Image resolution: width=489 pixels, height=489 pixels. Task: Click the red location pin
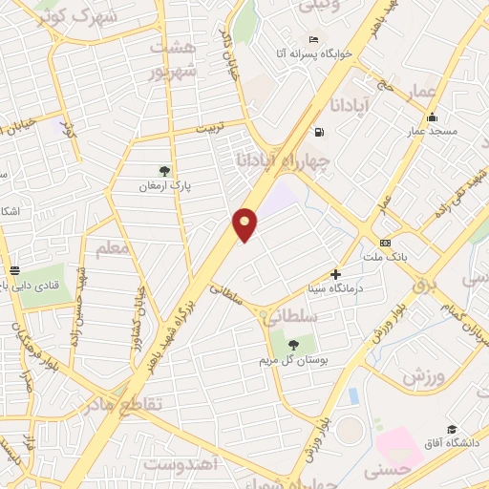[x=245, y=223]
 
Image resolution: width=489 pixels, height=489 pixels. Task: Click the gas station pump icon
[x=318, y=132]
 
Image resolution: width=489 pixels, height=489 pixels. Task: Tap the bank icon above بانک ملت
[x=385, y=243]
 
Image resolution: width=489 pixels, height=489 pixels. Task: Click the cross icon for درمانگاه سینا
[x=336, y=274]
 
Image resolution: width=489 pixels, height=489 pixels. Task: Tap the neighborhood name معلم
[x=112, y=249]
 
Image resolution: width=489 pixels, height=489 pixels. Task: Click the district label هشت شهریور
[x=175, y=59]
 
